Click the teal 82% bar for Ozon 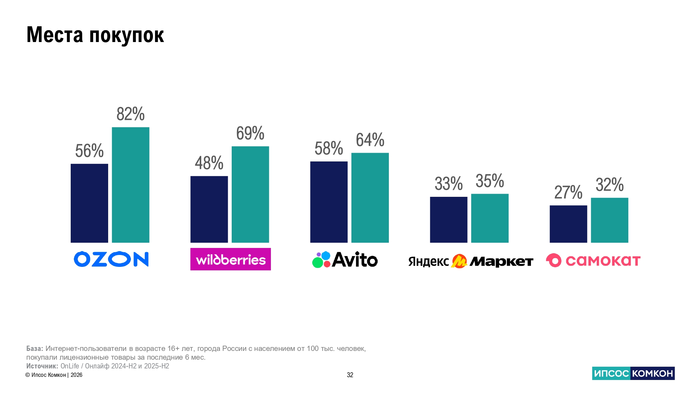131,185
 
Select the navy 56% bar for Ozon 89,203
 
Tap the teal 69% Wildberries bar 250,194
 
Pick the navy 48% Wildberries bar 209,209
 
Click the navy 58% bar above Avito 329,202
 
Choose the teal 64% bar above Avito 370,198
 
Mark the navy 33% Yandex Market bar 448,220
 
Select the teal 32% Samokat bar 609,220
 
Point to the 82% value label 131,114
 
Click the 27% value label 568,192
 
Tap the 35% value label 490,181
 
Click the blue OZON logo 111,259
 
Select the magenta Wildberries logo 230,259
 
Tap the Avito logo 345,260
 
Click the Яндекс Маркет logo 470,261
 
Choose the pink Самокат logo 593,261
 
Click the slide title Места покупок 95,35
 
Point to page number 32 350,375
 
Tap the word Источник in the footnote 42,366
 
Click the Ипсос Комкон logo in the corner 633,373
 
